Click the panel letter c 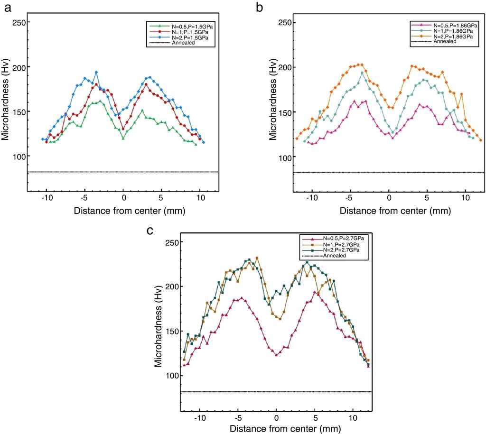coord(150,231)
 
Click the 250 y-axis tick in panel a coord(18,22)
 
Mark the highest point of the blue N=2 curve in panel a coord(96,72)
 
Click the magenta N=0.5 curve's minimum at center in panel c coord(276,355)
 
